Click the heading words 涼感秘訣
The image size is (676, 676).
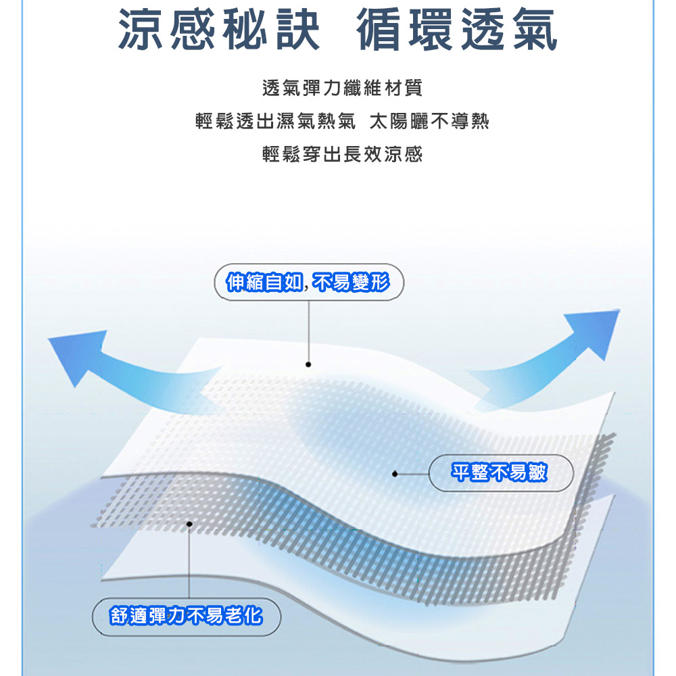point(219,29)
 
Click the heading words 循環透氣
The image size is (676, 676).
point(457,29)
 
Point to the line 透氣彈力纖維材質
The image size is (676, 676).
point(342,88)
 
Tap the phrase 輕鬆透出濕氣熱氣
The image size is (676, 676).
point(276,121)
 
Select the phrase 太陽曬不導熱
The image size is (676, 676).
point(429,121)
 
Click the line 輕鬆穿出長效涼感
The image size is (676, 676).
point(342,154)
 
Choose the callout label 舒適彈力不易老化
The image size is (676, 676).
point(187,616)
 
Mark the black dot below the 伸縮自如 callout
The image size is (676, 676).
point(308,364)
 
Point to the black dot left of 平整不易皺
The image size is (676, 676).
point(395,474)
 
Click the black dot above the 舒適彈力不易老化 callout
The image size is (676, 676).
point(189,524)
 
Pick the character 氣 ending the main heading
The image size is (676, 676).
point(535,29)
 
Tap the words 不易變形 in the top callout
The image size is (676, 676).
point(351,283)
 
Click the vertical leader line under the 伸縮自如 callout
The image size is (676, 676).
point(309,331)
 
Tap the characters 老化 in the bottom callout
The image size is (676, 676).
point(243,616)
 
